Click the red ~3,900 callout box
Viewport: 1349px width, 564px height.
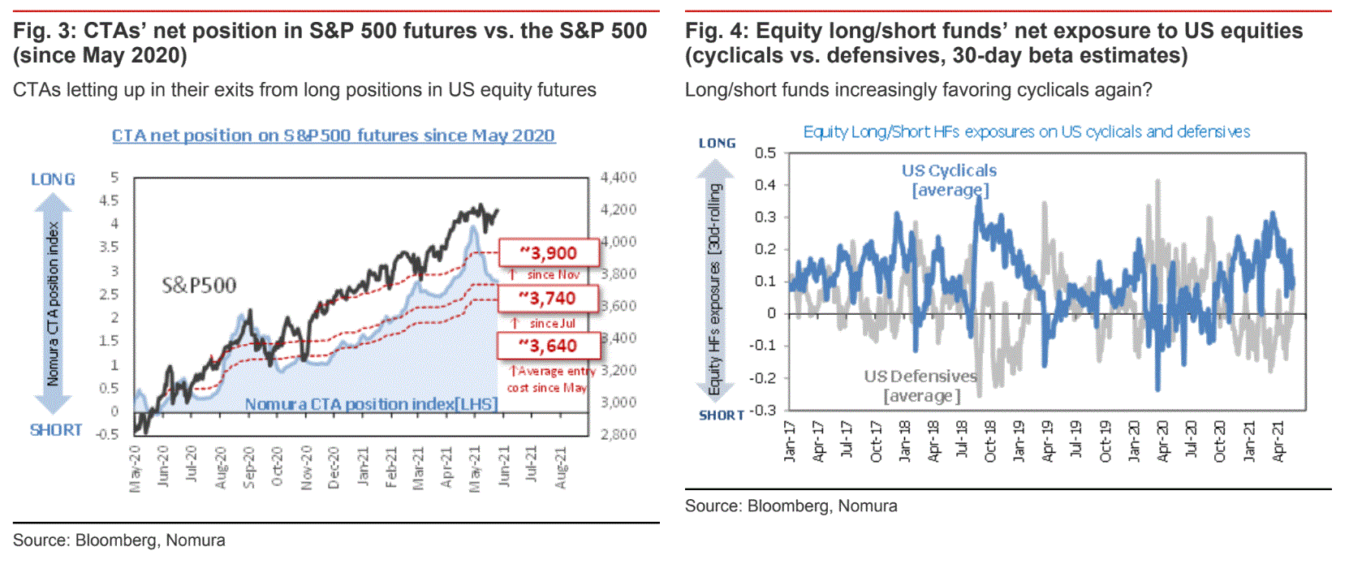coord(549,253)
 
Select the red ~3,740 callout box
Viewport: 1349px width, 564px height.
coord(549,299)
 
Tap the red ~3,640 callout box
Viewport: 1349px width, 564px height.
coord(549,346)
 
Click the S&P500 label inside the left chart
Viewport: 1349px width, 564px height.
coord(199,285)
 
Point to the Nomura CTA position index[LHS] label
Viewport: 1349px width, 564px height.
coord(371,403)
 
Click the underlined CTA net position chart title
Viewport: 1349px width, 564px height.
coord(333,136)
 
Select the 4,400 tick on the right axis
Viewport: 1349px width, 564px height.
coord(618,177)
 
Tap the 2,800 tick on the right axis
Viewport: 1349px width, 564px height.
coord(618,434)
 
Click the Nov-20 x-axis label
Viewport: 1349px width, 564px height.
coord(307,467)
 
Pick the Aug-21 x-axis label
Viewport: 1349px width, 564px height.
coord(561,467)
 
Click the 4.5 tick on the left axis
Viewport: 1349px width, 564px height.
coord(109,200)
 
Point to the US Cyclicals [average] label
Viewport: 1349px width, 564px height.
coord(949,180)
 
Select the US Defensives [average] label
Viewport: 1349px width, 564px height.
coord(921,385)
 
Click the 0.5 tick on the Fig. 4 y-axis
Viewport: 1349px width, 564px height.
coord(765,153)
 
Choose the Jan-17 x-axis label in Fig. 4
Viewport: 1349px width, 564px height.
coord(790,442)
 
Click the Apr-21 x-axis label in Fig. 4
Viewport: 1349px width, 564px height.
coord(1278,442)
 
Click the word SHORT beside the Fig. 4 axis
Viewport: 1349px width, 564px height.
coord(721,415)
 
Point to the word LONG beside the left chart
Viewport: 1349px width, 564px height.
coord(53,179)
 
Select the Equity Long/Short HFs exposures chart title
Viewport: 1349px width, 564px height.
coord(1026,131)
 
